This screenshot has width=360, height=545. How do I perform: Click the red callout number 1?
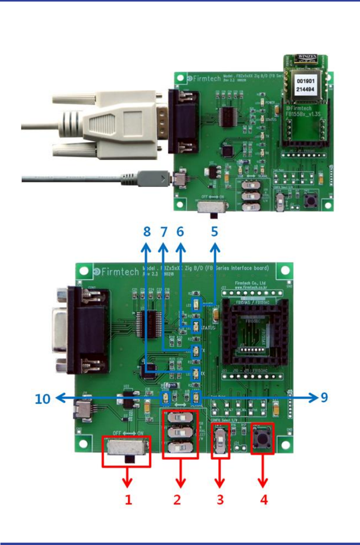pos(129,499)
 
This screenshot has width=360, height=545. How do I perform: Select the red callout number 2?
pos(177,499)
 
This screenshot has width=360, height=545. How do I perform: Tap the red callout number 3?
pos(221,499)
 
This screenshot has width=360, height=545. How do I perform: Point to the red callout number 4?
pos(264,499)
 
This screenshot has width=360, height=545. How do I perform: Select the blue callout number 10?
pos(43,399)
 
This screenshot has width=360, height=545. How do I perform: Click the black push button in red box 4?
pos(262,438)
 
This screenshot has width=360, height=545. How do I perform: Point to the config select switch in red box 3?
pos(220,440)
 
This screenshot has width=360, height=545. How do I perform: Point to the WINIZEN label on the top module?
pos(307,57)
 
